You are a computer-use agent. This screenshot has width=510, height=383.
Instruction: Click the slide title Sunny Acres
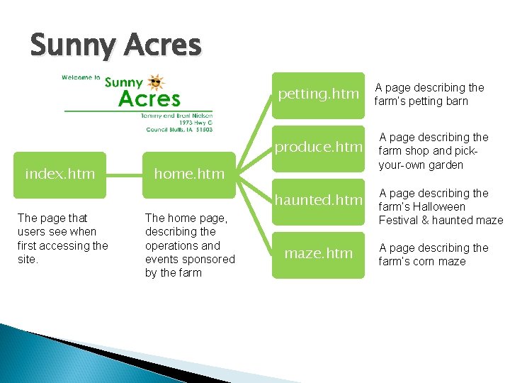tap(115, 45)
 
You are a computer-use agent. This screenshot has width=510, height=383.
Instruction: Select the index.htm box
tap(59, 174)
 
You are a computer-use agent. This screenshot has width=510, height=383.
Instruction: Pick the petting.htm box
tap(318, 94)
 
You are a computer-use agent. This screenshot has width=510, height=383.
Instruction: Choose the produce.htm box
tap(318, 148)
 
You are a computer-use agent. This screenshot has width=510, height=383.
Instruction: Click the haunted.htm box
tap(318, 201)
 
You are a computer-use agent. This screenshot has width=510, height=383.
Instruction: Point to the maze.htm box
tap(318, 253)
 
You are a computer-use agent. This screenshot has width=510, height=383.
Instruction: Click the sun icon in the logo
tap(156, 82)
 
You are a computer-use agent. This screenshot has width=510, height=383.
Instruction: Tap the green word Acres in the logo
tap(149, 99)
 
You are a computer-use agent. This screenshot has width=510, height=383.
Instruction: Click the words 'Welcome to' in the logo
tap(81, 78)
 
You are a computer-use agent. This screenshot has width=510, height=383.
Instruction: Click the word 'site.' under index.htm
tap(28, 260)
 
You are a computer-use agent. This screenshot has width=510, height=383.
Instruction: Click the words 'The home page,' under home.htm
tap(186, 218)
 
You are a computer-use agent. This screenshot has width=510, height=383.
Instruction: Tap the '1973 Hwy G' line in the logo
tap(198, 122)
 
